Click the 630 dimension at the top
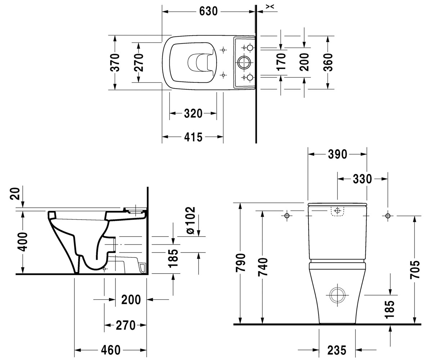tap(208, 11)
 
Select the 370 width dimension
tap(115, 63)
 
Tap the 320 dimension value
tap(193, 113)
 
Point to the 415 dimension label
tap(193, 137)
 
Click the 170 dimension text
tap(281, 62)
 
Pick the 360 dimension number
tap(328, 62)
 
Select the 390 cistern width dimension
tap(337, 154)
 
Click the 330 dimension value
tap(362, 179)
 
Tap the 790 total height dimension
tap(240, 262)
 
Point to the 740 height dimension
tap(263, 267)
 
